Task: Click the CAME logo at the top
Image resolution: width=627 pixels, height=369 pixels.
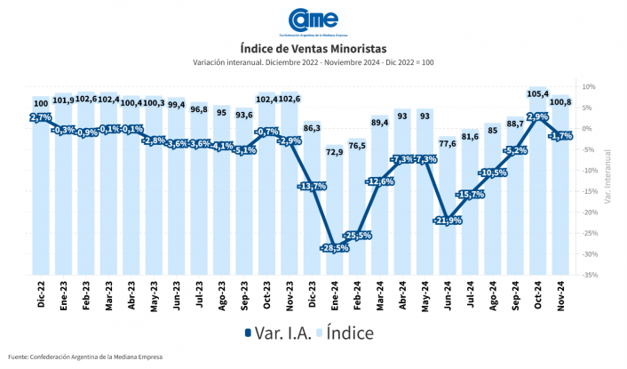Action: [x=313, y=20]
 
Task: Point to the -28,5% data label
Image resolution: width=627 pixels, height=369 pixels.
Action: [x=335, y=247]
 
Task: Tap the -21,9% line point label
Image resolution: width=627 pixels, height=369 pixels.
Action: [x=448, y=220]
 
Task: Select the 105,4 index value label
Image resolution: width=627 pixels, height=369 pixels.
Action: [x=538, y=92]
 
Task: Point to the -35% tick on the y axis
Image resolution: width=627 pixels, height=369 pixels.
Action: [x=589, y=275]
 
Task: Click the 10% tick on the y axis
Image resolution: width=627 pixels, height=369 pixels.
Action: [x=589, y=87]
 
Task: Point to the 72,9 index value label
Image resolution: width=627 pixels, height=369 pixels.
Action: [x=335, y=152]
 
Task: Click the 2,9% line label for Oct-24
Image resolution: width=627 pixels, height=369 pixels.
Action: [x=538, y=116]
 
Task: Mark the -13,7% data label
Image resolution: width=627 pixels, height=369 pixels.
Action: [x=313, y=186]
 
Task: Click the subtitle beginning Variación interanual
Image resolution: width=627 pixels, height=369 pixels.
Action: [x=313, y=62]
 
